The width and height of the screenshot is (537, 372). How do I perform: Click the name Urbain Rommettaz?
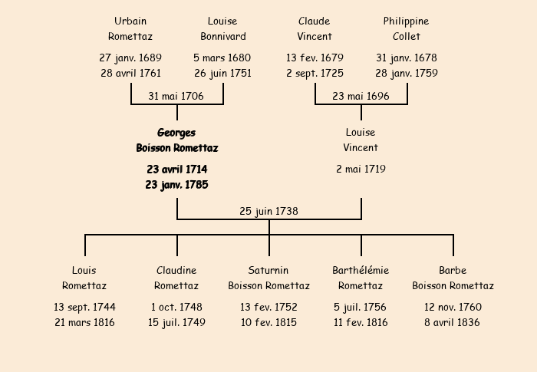pos(130,29)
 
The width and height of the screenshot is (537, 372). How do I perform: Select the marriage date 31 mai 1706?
pos(176,96)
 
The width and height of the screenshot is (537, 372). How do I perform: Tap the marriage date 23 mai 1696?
pos(361,96)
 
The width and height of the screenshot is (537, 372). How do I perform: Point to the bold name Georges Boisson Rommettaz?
pos(177,140)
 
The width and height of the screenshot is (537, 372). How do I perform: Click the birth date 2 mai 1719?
pos(361,169)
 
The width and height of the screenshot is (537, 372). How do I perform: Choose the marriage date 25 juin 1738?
pos(268,211)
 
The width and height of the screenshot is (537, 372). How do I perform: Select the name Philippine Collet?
pos(406,29)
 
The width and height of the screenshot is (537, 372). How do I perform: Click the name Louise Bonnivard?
pos(223,29)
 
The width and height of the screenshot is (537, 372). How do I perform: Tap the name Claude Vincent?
pos(315,29)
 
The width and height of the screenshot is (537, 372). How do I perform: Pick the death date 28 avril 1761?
pos(131,73)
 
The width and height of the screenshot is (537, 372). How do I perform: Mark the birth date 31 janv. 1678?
pos(407,58)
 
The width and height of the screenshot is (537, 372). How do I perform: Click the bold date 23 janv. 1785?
pos(176,185)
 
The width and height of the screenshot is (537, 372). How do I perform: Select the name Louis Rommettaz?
pos(84,278)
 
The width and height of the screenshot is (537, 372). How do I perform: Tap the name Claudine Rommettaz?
pos(176,278)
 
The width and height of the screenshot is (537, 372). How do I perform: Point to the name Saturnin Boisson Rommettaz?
pos(268,278)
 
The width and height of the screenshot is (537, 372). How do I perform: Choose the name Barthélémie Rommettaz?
pos(361,278)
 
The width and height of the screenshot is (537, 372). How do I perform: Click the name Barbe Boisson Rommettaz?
pos(453,278)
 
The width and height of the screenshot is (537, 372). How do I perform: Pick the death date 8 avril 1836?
pos(452,322)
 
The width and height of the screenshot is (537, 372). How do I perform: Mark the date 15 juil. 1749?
pos(176,322)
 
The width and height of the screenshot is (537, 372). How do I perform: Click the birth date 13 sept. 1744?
pos(84,307)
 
